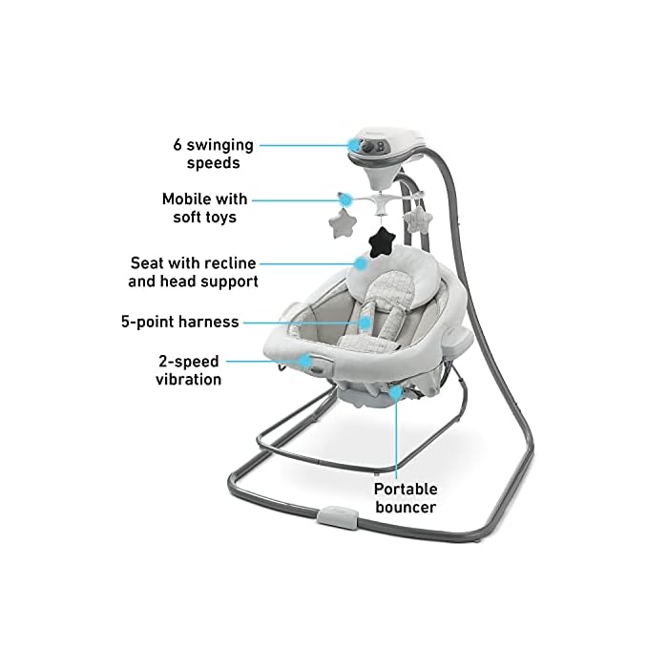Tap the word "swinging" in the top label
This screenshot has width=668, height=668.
coord(219,145)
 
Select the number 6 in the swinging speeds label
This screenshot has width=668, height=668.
coord(177,145)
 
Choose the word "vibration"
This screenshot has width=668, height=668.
coord(189,379)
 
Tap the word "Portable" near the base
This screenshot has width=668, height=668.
coord(406,490)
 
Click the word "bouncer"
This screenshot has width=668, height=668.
coord(406,508)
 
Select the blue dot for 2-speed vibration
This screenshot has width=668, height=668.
coord(306,360)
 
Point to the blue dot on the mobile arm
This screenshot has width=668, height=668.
coord(342,199)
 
